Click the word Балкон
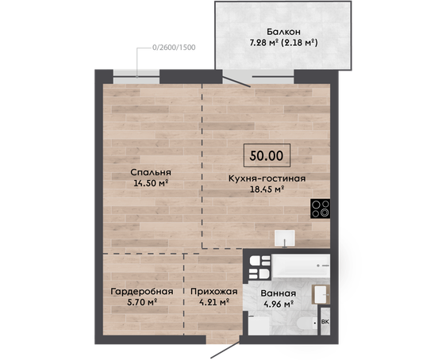283,31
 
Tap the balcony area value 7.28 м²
264,43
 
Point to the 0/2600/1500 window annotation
174,47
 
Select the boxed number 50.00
267,155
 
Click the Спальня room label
151,172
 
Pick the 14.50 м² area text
151,182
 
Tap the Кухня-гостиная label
267,178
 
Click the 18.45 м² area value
267,189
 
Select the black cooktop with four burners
321,209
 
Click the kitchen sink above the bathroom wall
285,238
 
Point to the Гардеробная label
142,292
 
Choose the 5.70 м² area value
142,302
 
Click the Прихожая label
214,292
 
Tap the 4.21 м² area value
214,302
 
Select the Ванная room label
279,293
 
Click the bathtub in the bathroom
301,266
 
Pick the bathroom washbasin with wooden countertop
321,295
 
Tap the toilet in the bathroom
306,324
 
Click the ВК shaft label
325,322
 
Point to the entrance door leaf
225,350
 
